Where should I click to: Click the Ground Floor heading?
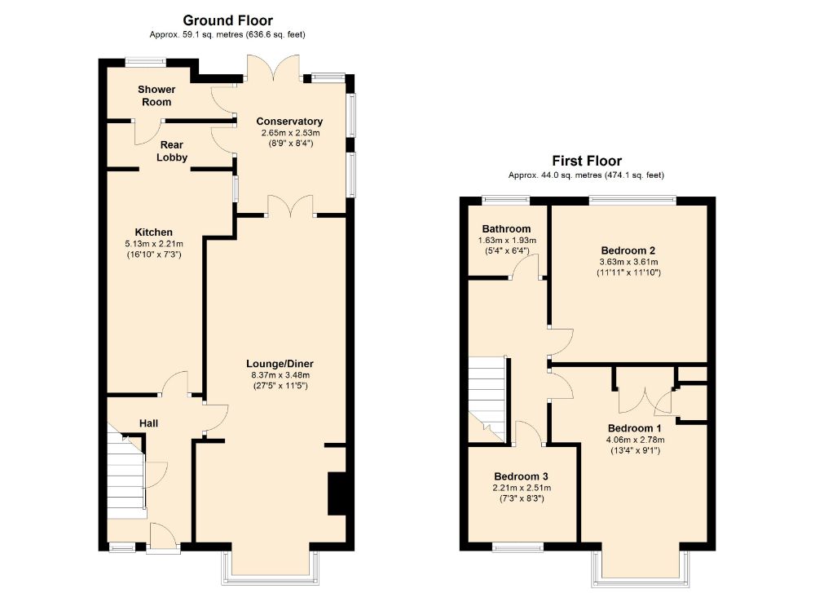[227, 20]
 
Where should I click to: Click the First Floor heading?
[587, 161]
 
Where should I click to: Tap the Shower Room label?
[155, 95]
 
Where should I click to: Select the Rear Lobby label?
[172, 151]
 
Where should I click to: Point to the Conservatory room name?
[289, 122]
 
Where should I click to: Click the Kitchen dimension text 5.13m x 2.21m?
[154, 243]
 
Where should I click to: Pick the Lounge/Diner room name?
[280, 364]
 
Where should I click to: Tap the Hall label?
[148, 423]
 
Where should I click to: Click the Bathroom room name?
[505, 229]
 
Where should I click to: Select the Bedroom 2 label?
[628, 250]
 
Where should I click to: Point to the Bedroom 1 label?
[634, 428]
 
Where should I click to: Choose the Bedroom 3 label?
[521, 476]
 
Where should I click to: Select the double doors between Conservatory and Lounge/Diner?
[291, 206]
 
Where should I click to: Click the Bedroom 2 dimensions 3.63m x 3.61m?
[628, 262]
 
